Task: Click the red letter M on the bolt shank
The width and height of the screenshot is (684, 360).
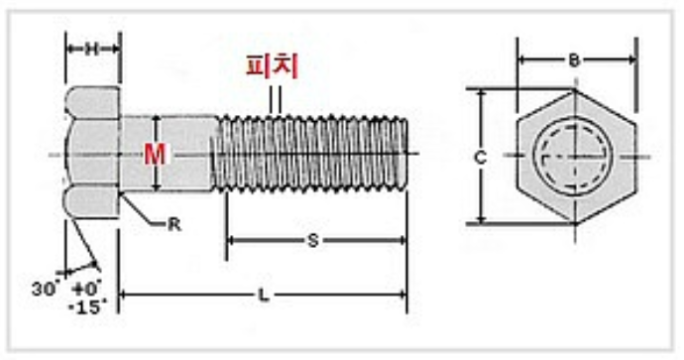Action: [156, 154]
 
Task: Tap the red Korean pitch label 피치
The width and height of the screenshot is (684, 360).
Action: [273, 66]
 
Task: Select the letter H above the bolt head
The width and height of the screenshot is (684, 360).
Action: [91, 49]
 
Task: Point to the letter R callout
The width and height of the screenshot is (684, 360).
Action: [174, 225]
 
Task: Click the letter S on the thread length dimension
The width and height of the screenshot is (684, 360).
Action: [313, 240]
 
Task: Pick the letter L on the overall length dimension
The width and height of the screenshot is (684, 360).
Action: [263, 296]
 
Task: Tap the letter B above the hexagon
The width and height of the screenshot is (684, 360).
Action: [574, 60]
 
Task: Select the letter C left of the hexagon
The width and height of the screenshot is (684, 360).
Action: [480, 157]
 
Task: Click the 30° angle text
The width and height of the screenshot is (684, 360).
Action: [45, 289]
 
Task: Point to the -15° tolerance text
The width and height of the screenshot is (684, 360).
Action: [87, 307]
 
